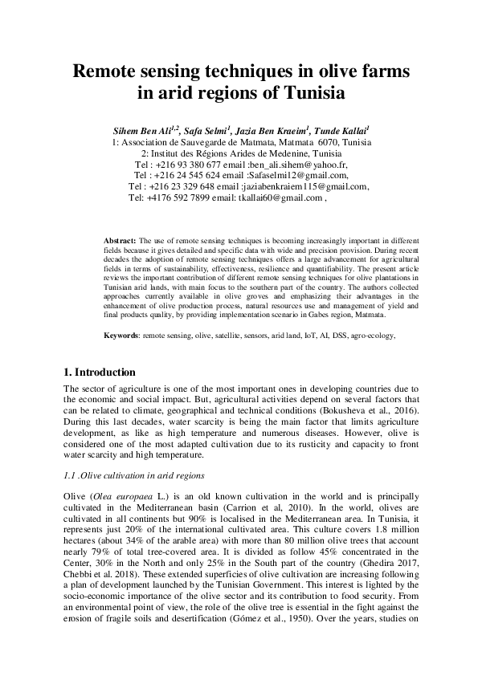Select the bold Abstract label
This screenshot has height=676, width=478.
point(121,240)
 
